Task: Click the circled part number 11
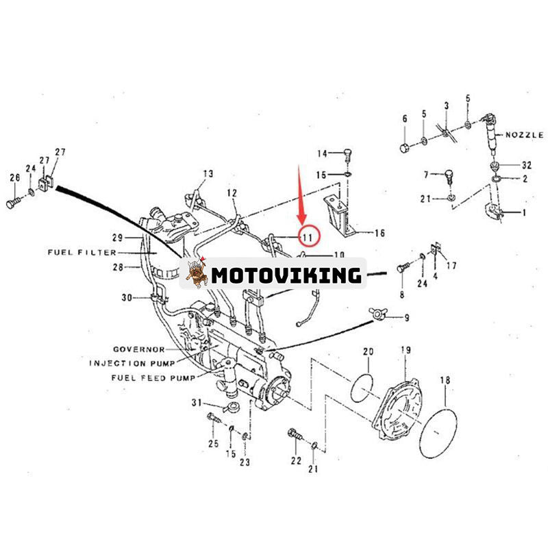point(307,236)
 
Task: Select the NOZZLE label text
point(524,136)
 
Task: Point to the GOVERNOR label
point(140,349)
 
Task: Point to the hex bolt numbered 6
point(405,148)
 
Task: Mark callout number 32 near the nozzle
point(526,165)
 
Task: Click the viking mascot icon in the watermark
point(197,274)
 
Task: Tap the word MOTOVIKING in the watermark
point(286,275)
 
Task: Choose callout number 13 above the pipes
point(208,173)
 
